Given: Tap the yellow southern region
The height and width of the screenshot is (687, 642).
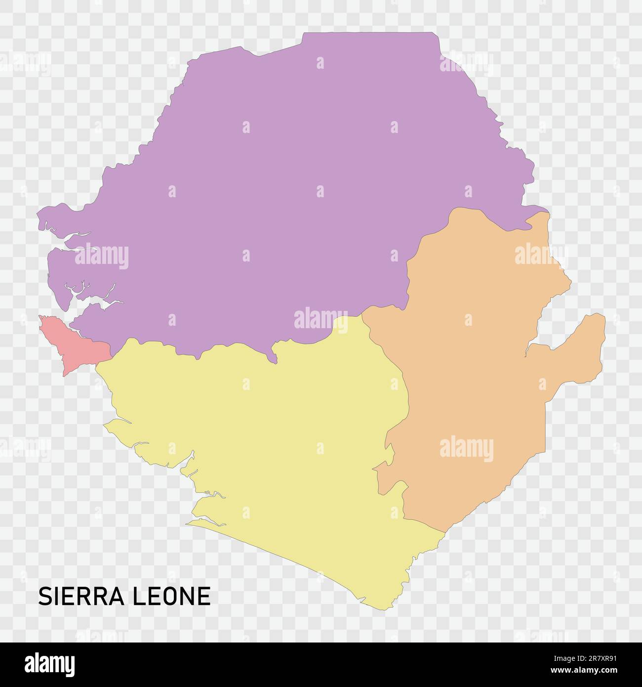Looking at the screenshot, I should (277, 445).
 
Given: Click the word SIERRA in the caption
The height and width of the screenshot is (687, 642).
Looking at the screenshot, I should (82, 596).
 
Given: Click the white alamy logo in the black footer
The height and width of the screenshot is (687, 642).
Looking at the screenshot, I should (50, 664).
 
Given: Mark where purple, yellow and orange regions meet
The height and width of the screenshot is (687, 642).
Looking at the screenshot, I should (363, 312).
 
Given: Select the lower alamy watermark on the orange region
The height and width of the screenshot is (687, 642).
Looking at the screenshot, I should (466, 449).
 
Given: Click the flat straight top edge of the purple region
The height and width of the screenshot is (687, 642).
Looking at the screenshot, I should (370, 33).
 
